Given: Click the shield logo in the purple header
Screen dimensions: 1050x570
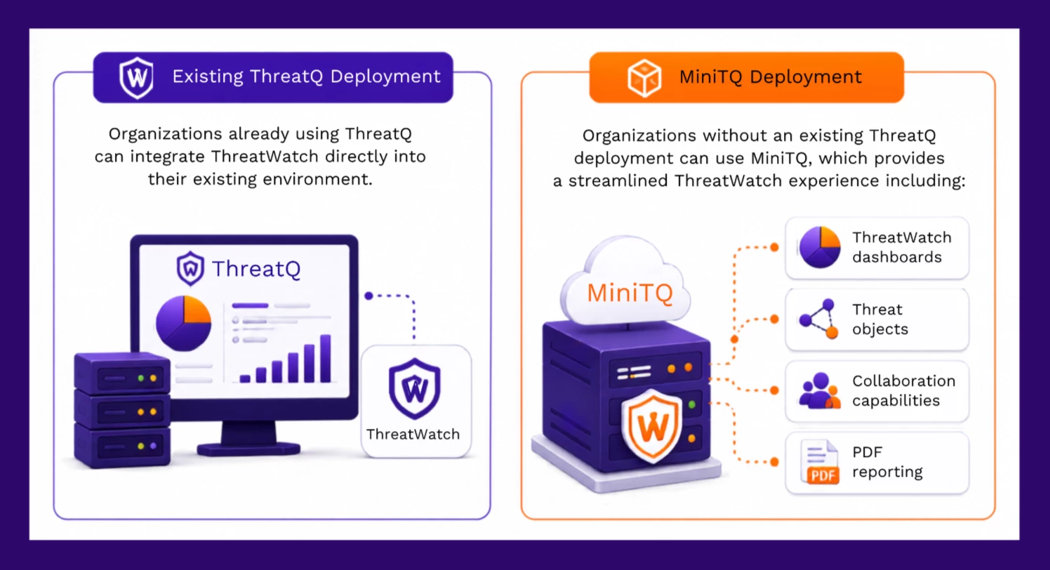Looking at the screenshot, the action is [136, 78].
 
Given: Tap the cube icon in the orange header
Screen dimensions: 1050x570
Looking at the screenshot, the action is [644, 78].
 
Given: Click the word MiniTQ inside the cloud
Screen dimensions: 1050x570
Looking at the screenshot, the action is [630, 293].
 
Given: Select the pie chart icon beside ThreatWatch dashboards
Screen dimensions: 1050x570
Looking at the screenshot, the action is [820, 247].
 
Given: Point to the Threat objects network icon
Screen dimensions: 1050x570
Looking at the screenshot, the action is [818, 319].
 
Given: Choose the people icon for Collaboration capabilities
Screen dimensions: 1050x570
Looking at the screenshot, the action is [820, 390].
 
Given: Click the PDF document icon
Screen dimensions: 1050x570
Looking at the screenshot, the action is [820, 462].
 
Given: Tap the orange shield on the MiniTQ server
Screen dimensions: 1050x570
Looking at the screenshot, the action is [652, 425].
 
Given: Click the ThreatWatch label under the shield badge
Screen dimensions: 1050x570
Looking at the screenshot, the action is [413, 435].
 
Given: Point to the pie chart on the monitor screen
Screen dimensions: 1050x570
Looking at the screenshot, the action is [184, 324].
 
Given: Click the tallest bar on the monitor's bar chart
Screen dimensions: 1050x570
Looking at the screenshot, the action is [326, 359].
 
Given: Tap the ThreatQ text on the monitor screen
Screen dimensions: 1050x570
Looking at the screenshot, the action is [256, 269].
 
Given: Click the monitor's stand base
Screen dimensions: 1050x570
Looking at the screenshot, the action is [248, 449].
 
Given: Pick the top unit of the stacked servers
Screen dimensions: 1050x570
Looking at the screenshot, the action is [122, 373].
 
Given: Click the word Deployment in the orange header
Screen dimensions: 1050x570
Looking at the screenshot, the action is [806, 77].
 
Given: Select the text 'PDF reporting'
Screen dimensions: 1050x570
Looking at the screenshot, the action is [887, 462].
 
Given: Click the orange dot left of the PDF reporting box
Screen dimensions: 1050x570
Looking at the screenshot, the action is [774, 462].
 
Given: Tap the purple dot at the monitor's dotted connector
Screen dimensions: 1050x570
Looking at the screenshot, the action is [369, 296].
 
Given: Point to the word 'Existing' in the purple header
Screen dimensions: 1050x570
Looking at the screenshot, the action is [208, 77].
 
